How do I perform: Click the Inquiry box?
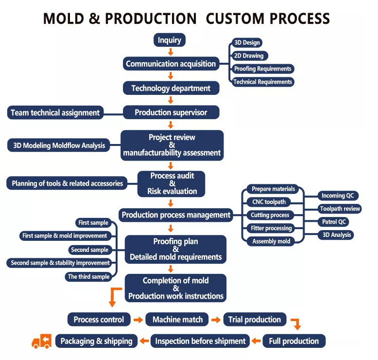(x=170, y=40)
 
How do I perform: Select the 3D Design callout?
(x=247, y=43)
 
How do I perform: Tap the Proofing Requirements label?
(x=262, y=69)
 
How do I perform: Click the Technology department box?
(x=171, y=88)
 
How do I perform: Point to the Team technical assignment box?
(x=55, y=112)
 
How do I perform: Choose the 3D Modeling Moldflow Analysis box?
(x=59, y=145)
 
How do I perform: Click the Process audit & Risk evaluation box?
(x=172, y=184)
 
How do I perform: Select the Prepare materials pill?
(x=273, y=189)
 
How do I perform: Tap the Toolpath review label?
(x=340, y=209)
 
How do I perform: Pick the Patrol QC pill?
(x=334, y=222)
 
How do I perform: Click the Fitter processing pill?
(x=271, y=228)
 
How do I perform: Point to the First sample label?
(x=93, y=223)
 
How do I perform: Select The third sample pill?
(x=88, y=277)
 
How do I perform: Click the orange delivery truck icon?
(x=42, y=341)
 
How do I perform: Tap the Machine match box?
(x=177, y=320)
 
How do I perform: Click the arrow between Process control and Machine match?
(x=138, y=320)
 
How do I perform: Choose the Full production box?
(x=294, y=341)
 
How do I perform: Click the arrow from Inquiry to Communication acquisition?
(x=171, y=52)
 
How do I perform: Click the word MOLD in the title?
(x=64, y=18)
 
